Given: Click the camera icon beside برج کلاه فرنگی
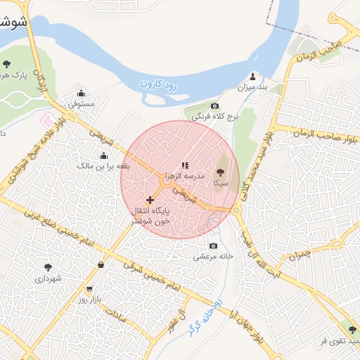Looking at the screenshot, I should tap(214, 105).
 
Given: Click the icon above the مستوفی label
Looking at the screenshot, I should tap(81, 93).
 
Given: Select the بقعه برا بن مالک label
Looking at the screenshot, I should tap(104, 166).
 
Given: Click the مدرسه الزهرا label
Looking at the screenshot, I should tap(185, 176).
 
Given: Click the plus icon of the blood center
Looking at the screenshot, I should tap(150, 200).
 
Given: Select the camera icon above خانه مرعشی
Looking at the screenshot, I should tap(214, 246).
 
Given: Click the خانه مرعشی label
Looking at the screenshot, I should tap(213, 257).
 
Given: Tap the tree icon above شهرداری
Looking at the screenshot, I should tap(48, 267).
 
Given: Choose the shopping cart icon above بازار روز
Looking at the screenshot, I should tap(89, 289).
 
